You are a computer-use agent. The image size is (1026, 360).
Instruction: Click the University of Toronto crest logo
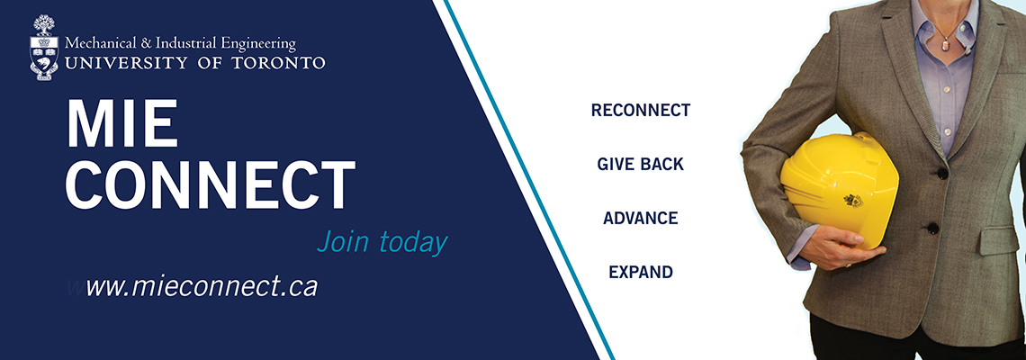(44, 49)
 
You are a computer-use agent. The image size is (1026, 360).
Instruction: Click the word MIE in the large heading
(121, 124)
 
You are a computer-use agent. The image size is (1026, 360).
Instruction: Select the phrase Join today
(382, 241)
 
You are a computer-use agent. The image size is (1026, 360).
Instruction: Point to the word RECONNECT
(641, 110)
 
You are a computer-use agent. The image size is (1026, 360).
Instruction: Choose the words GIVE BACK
(640, 165)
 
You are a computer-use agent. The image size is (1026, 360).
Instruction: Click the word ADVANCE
(640, 218)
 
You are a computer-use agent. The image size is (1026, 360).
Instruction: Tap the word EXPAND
(641, 272)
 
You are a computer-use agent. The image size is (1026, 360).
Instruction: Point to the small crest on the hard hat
(853, 200)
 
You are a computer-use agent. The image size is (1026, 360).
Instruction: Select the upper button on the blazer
(941, 174)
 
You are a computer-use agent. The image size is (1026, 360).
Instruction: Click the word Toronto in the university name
(282, 63)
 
